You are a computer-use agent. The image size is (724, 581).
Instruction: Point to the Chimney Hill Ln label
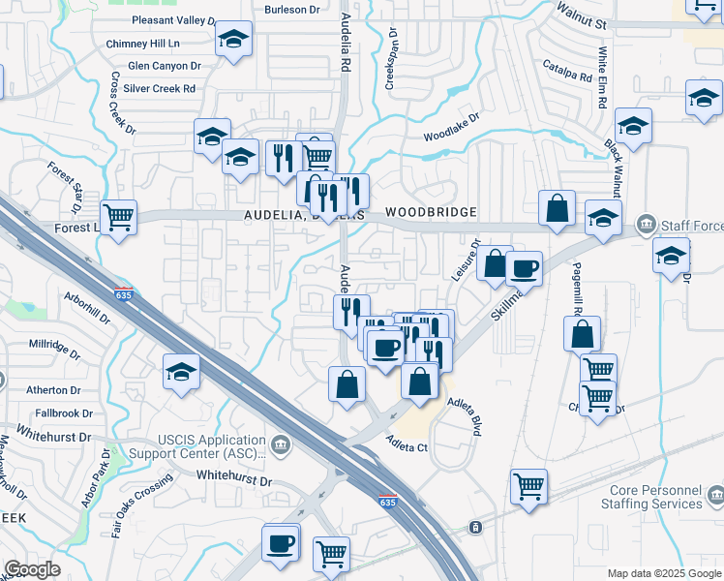point(143,44)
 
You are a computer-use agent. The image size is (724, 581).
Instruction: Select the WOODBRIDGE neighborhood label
point(431,212)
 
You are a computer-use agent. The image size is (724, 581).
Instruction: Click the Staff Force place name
point(691,226)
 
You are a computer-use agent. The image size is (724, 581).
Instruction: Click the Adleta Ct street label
point(407,446)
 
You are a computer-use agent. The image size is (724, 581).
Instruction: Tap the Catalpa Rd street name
point(566,70)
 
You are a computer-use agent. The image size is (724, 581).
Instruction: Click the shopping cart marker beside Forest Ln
point(118,218)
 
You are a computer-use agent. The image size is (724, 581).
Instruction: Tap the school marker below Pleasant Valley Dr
point(232,40)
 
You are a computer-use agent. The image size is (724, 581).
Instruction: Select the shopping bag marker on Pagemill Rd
point(582,334)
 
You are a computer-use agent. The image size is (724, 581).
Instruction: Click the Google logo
point(32,569)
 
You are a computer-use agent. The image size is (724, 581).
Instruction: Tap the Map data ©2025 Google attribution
point(664,573)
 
